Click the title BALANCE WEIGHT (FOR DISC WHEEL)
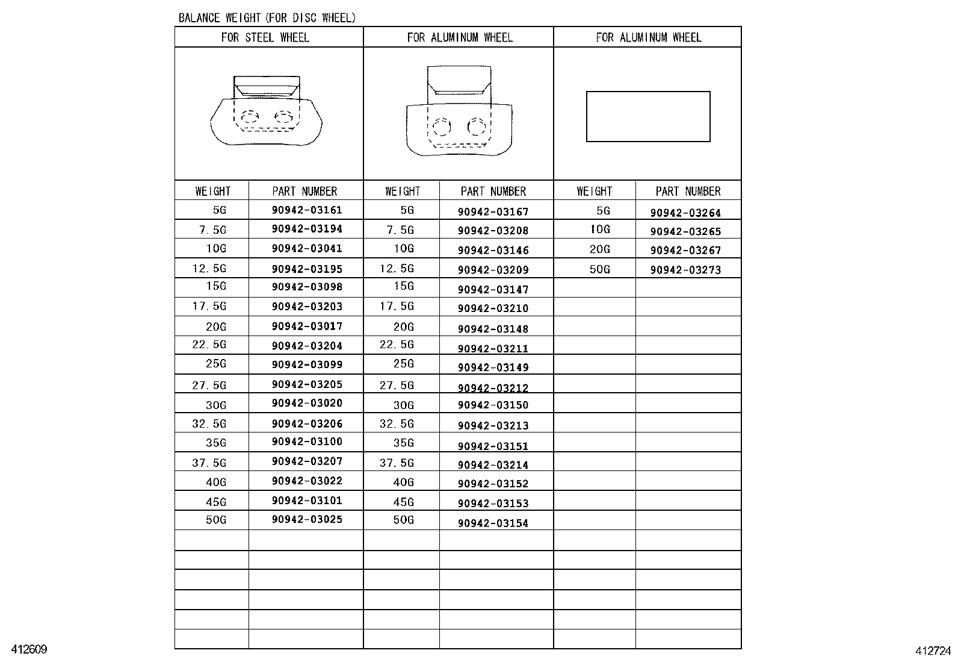coord(267,18)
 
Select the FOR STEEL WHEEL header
coord(265,37)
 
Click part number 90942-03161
coord(307,210)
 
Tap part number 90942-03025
coord(307,519)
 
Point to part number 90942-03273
coord(685,270)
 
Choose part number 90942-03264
coord(685,213)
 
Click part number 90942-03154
coord(493,523)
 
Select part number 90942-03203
coord(307,307)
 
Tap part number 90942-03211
coord(493,349)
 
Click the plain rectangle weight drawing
coord(648,116)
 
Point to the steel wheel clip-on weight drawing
coord(266,111)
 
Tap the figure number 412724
coord(933,651)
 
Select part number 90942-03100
coord(307,442)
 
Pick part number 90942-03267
coord(685,250)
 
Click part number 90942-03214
coord(493,465)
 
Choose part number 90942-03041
coord(307,248)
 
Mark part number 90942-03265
coord(685,231)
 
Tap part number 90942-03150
coord(493,405)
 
